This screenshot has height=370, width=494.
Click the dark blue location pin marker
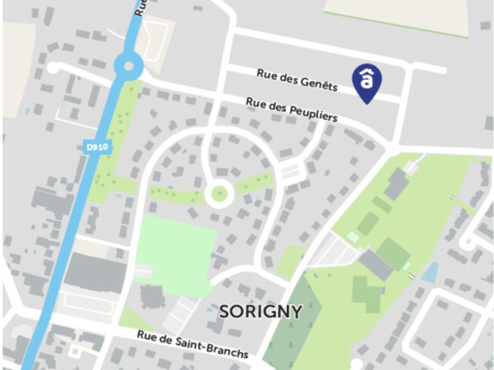coord(366,81)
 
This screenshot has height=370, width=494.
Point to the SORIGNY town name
coord(260,311)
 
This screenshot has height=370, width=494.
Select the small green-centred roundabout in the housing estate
coord(217,192)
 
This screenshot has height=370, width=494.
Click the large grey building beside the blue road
coord(94,271)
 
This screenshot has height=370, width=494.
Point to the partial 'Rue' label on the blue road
coord(140,8)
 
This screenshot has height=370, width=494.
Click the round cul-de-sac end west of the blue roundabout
coord(53,67)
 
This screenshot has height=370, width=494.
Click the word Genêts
coord(319,84)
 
